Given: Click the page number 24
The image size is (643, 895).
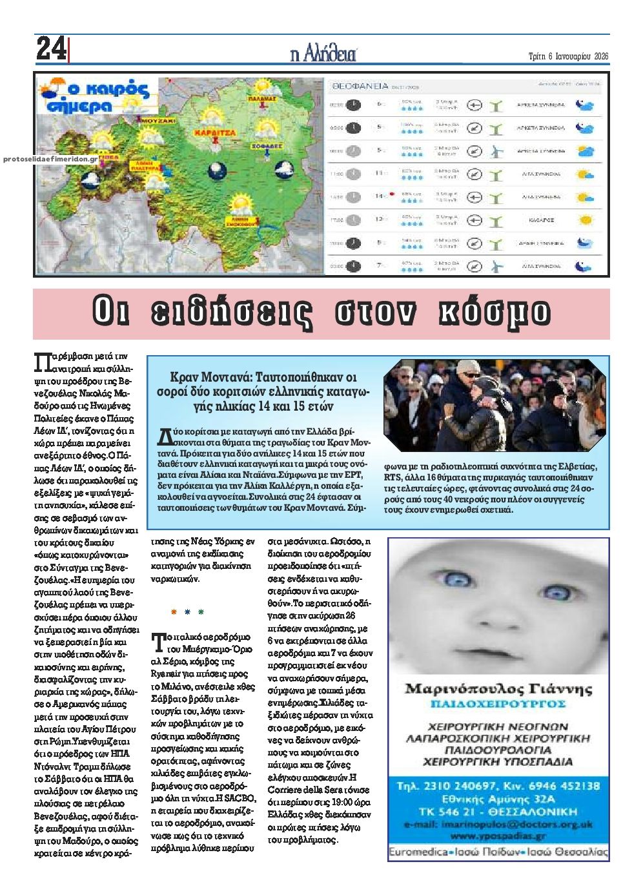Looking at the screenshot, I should (x=50, y=48).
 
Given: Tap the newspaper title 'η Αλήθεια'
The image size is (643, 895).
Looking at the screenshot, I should (x=323, y=54).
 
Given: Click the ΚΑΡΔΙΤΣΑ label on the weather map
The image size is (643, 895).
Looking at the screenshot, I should (x=214, y=131).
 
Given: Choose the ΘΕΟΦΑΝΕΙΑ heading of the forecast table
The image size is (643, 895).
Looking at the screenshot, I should (x=360, y=85).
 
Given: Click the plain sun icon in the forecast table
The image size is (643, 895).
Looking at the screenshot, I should (x=586, y=220).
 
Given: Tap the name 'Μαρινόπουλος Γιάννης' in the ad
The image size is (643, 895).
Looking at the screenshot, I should (x=498, y=688).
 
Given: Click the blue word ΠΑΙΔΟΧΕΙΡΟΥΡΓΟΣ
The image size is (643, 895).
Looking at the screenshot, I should (x=498, y=703).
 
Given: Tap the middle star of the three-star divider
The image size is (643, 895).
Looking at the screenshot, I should (x=187, y=611).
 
